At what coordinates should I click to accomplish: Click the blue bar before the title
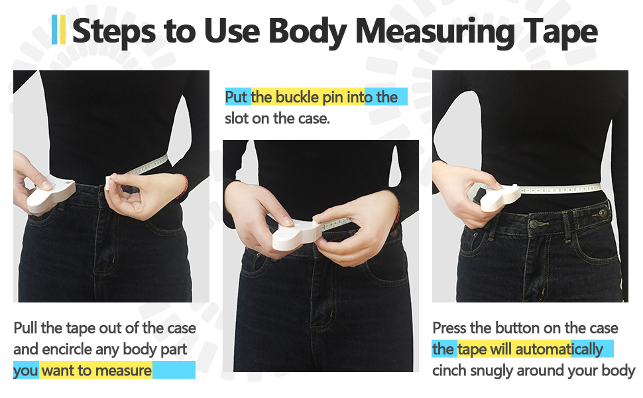[54, 30]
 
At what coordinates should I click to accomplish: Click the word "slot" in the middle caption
[238, 119]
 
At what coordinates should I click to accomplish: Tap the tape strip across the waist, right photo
[563, 189]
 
